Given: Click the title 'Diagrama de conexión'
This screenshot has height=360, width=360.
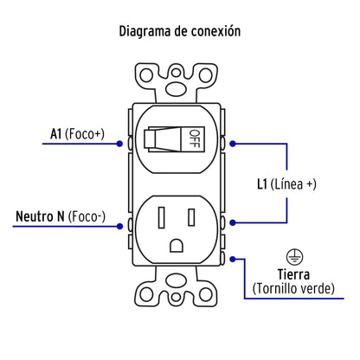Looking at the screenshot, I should coord(179,31).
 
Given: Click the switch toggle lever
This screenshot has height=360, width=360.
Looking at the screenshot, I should coord(173,138).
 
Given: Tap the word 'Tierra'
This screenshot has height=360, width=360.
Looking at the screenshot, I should coord(293,274).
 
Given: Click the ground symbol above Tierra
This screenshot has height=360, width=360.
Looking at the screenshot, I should coord(293,257).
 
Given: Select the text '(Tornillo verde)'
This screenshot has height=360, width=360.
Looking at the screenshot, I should coord(293,288).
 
